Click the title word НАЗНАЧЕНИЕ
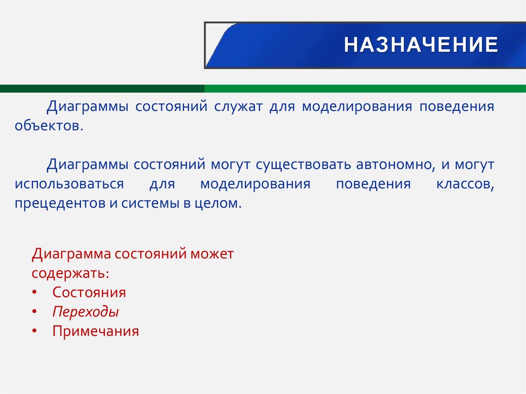(421, 45)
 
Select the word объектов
(48, 125)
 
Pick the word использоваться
(69, 184)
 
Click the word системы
(148, 203)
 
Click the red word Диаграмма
(71, 254)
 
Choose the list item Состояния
(89, 292)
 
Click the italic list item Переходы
(85, 312)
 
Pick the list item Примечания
(96, 331)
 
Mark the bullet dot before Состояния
(34, 292)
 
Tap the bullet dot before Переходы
(34, 312)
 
